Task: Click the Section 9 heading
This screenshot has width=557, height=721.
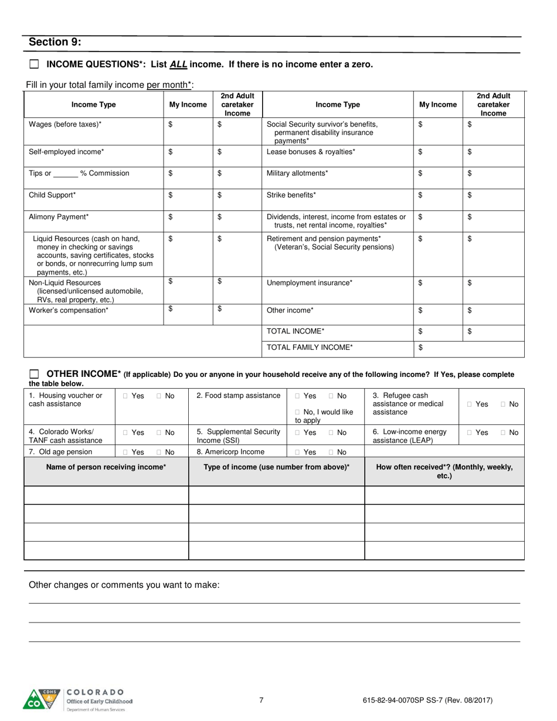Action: tap(55, 42)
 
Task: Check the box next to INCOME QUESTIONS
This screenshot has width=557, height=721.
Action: tap(34, 64)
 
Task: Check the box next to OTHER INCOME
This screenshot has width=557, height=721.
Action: tap(34, 374)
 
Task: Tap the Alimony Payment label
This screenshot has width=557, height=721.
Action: tap(59, 216)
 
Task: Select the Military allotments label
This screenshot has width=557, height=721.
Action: tap(297, 173)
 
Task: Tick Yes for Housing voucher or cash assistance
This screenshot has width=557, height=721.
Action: tap(125, 396)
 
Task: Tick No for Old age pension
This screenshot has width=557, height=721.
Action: tap(158, 452)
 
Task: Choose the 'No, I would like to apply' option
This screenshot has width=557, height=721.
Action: tap(297, 412)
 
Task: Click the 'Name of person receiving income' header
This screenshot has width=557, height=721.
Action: tap(106, 467)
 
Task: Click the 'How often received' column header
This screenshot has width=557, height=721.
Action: tap(444, 471)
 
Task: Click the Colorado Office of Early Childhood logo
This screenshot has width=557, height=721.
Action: tap(77, 699)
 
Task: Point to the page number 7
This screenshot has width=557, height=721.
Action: tap(261, 700)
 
